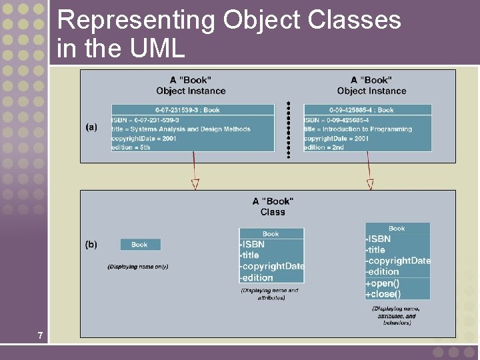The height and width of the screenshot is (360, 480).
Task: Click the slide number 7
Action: coord(40,335)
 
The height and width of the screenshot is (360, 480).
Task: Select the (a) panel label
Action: coord(91,127)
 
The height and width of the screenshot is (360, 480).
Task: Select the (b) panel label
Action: coord(91,245)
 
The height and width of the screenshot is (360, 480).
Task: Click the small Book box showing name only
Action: coord(140,245)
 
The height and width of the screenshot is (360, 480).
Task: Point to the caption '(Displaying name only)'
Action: coord(138,267)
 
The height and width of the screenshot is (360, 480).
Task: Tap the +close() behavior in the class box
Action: coord(383,294)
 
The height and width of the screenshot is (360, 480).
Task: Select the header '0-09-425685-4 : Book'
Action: coord(361,110)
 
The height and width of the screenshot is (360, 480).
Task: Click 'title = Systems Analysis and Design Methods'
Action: coord(181,129)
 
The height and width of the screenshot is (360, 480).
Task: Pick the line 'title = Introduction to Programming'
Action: coord(359,129)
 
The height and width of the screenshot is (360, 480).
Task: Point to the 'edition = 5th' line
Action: coord(131,147)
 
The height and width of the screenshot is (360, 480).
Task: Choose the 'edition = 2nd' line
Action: coord(325,147)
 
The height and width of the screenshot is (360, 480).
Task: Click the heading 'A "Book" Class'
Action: coord(273,207)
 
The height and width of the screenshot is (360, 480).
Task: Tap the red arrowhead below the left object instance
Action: coord(195,184)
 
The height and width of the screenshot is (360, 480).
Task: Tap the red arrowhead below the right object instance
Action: coord(370,184)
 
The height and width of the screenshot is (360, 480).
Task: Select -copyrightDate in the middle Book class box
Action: coord(272,266)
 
